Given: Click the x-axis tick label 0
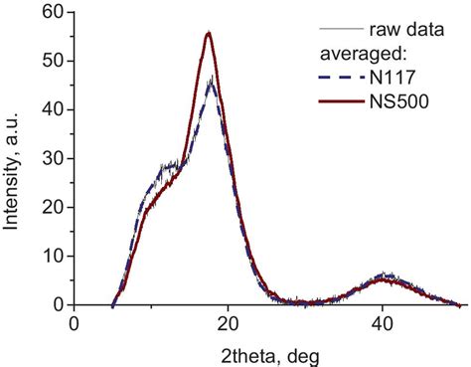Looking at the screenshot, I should (74, 324).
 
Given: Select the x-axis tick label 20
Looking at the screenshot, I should (229, 324).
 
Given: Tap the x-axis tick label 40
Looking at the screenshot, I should (384, 324).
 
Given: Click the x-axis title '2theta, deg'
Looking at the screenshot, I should (268, 353).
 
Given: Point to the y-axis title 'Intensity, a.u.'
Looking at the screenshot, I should (14, 159).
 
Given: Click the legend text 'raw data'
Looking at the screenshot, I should (402, 28).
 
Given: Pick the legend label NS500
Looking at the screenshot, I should (405, 101).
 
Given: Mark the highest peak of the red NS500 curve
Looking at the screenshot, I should (209, 33).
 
